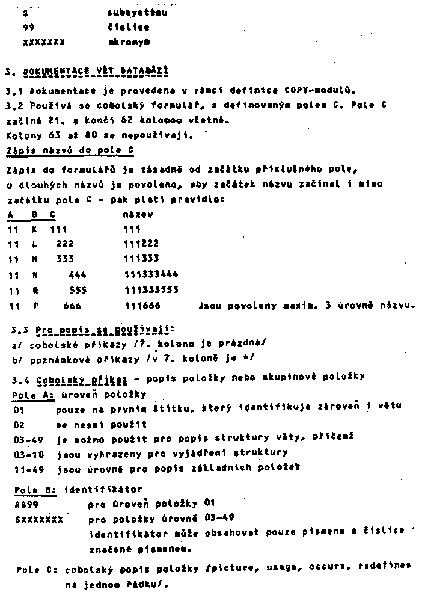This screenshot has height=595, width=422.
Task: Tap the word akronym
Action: (129, 42)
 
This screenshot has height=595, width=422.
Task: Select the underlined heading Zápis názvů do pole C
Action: (70, 150)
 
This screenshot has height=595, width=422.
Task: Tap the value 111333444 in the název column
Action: (151, 275)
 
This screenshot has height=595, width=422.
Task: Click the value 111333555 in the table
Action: (151, 290)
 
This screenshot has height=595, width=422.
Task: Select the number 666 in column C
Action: (73, 306)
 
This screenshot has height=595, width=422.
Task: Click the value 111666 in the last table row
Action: (142, 306)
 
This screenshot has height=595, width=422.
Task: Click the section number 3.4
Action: (20, 377)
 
